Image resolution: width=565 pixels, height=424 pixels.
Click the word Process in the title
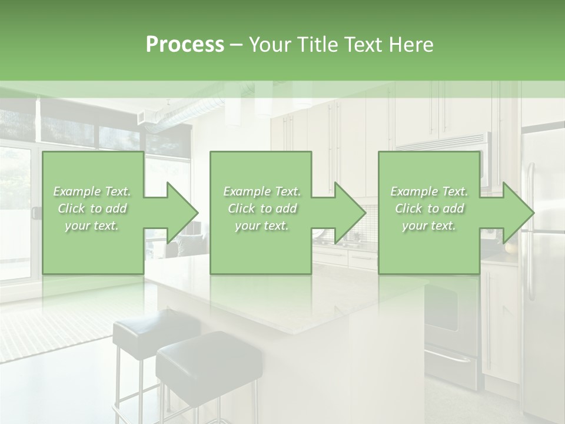coord(185,45)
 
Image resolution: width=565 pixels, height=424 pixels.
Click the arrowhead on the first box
coord(180,213)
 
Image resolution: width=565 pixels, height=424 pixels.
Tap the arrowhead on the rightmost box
coord(516,213)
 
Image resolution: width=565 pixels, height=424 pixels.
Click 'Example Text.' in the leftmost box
coord(92,191)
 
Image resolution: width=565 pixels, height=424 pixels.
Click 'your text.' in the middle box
coord(261,226)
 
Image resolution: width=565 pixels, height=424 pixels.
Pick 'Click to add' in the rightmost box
coord(429,208)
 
